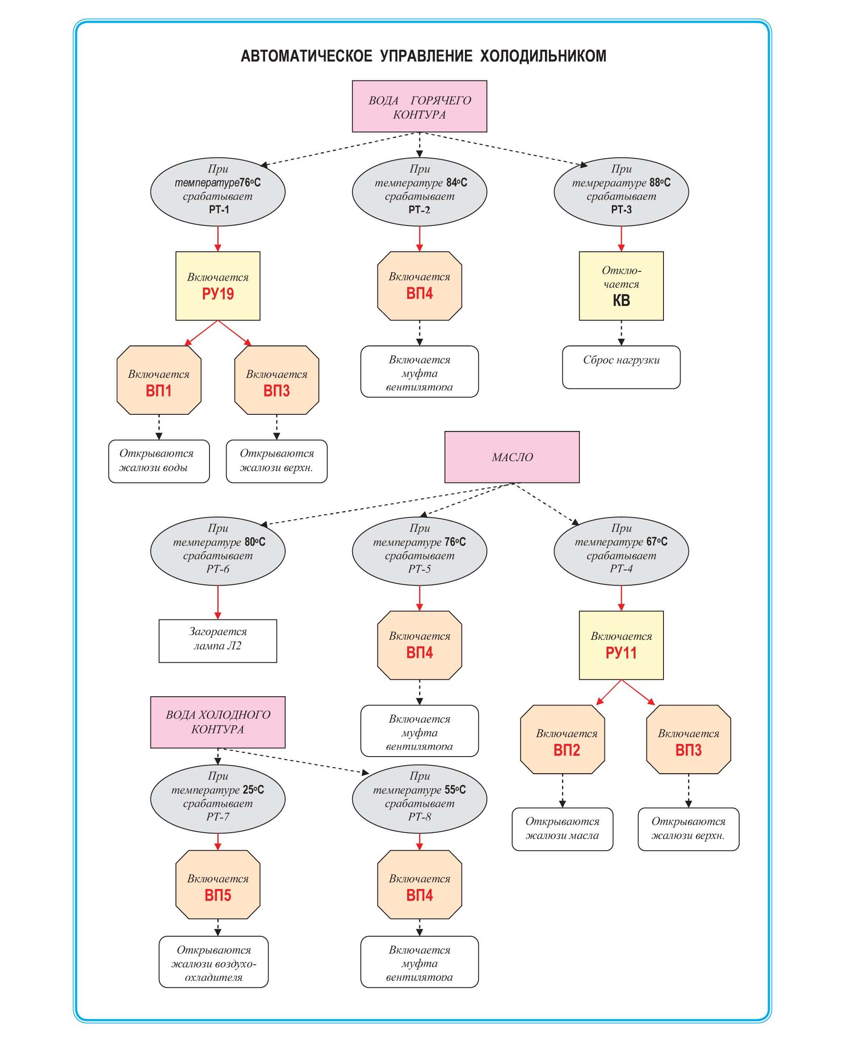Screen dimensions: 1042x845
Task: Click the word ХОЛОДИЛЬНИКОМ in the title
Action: tap(543, 56)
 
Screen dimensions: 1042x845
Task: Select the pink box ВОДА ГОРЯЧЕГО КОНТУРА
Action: tap(419, 107)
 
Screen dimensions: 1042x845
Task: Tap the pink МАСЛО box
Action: tap(512, 457)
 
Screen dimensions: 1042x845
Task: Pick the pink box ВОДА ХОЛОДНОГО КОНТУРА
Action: tap(217, 722)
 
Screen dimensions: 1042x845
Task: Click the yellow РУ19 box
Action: tap(217, 286)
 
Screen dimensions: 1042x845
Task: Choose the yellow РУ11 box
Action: tap(621, 645)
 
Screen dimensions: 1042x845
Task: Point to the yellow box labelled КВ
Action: tap(621, 286)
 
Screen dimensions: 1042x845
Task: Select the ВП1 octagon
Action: tap(159, 380)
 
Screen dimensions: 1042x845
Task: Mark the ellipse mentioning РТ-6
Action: tap(217, 551)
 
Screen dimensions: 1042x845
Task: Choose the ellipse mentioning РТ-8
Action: tap(419, 799)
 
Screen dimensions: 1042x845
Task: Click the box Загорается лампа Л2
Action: tap(217, 641)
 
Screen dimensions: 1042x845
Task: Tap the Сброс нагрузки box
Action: tap(621, 367)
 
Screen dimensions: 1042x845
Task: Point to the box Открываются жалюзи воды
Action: tap(159, 461)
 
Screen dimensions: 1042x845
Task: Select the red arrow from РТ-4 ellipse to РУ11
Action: tap(621, 598)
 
